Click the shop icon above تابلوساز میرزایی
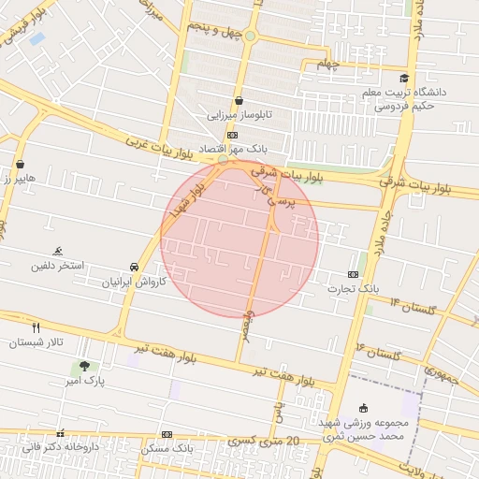click(239, 100)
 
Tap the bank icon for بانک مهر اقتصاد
click(232, 135)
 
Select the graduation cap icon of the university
click(404, 79)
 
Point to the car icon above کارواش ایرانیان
click(135, 267)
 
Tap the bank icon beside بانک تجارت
click(353, 274)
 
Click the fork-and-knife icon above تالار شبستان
click(36, 328)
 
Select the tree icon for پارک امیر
click(85, 367)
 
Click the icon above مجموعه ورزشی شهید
click(363, 408)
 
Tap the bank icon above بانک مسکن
click(167, 434)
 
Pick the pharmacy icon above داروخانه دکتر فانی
click(61, 433)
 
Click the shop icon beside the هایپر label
click(20, 165)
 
